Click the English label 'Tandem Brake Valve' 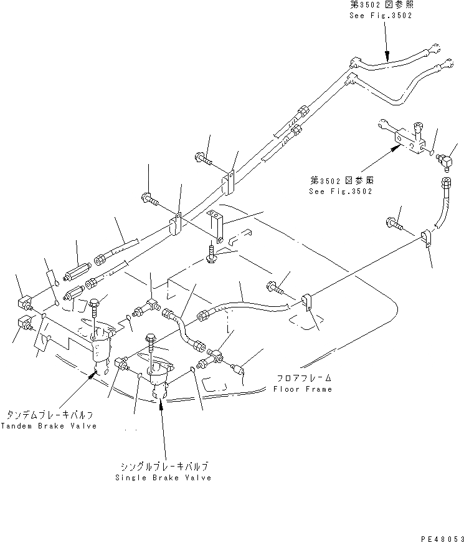49,426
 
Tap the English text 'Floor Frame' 303,389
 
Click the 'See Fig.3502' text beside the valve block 341,191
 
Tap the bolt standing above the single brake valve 151,344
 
